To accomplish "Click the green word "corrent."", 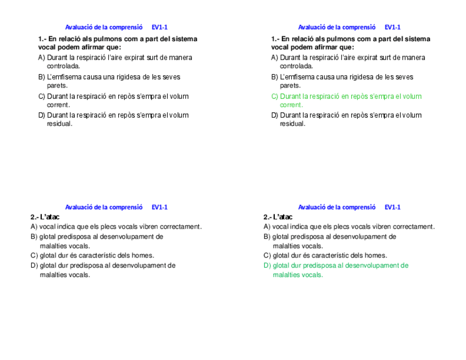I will click(x=291, y=105).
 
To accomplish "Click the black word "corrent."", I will click(x=58, y=105).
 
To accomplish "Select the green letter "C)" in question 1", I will click(x=275, y=97).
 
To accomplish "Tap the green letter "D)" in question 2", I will click(x=267, y=265).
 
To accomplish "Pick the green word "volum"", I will click(x=412, y=97).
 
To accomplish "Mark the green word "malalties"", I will click(x=286, y=275).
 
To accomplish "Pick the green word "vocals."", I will click(x=312, y=275).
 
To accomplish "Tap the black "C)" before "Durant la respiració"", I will click(x=42, y=97).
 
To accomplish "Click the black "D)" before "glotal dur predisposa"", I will click(x=34, y=265).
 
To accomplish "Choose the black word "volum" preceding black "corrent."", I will click(x=179, y=97).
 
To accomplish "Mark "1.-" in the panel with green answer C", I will click(x=275, y=39).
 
